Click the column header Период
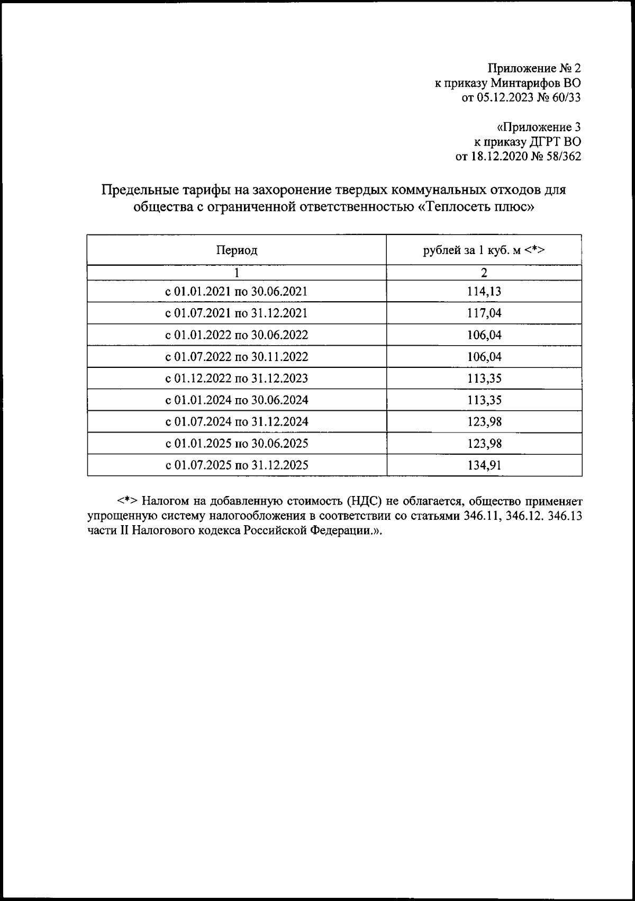coord(236,250)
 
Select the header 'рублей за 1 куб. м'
coord(484,250)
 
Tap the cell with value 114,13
coord(484,292)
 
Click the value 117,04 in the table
coord(484,313)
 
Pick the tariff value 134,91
coord(484,465)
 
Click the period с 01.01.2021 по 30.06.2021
coord(236,292)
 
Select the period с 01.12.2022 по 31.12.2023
coord(236,379)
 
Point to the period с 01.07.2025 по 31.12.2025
coord(236,465)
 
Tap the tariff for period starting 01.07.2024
coord(484,422)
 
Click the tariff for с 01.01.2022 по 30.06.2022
coord(484,335)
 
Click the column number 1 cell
coord(236,273)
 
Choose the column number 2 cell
coord(484,273)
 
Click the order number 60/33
coord(566,97)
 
